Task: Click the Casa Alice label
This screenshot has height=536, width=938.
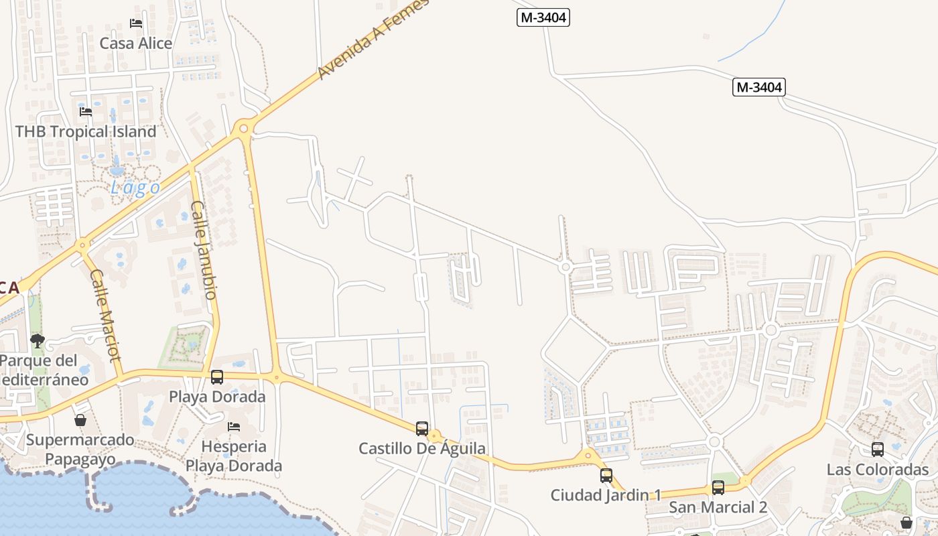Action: point(136,44)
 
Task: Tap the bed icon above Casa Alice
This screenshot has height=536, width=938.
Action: point(136,23)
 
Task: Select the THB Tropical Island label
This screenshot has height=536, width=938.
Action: point(86,131)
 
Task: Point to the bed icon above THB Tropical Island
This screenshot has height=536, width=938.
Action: point(86,112)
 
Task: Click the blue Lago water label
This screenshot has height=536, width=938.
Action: point(135,188)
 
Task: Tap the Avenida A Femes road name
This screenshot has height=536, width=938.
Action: point(373,40)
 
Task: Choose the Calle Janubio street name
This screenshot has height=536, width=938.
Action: point(204,249)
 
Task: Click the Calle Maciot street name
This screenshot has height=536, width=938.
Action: point(105,314)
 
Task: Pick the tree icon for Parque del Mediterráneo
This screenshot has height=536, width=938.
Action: point(38,341)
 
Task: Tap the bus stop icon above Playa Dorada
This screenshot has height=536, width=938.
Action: point(217,377)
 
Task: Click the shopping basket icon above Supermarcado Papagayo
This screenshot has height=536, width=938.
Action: point(80,421)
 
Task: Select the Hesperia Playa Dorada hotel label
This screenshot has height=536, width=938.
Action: point(234,456)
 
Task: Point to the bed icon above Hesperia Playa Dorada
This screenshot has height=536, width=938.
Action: point(234,426)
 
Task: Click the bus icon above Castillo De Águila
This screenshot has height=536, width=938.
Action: point(422,429)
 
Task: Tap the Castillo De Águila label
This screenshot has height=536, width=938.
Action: point(422,449)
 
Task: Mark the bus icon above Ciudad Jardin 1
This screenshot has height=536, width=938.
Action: point(606,476)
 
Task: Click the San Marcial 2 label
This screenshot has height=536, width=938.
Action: point(718,507)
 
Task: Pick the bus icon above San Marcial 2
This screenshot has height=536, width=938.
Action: point(718,488)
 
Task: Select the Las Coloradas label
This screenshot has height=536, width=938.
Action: point(878,469)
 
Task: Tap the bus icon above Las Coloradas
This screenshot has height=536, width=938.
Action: point(878,450)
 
